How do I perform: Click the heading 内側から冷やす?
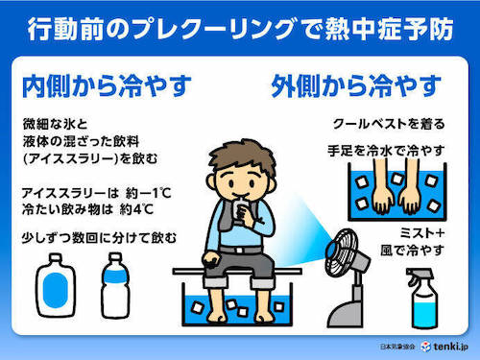point(107,85)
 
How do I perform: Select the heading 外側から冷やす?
point(356,85)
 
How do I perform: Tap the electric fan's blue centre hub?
point(331,249)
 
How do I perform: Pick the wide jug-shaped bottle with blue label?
point(56,285)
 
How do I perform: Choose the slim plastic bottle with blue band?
point(115,286)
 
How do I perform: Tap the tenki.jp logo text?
point(450,347)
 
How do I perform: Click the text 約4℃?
point(136,209)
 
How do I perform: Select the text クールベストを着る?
point(389,124)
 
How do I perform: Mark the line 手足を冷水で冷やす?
point(386,151)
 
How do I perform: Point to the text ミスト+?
point(422,232)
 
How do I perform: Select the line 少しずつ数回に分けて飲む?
point(99,238)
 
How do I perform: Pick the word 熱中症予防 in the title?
point(389,30)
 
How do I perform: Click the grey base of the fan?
point(346,314)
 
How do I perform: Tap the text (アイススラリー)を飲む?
point(90,159)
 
